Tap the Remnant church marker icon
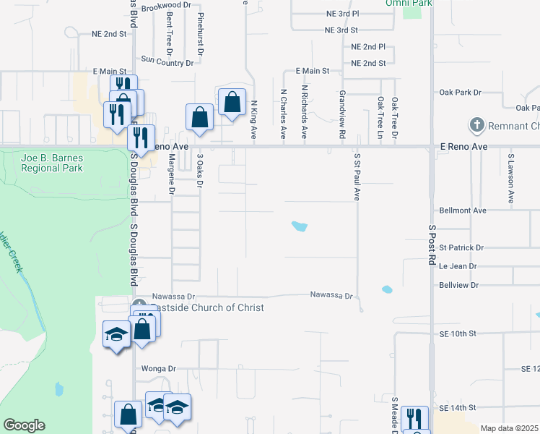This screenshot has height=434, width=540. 476,126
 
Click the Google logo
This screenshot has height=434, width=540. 24,425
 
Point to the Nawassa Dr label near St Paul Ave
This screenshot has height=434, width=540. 331,295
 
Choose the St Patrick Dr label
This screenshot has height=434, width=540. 461,247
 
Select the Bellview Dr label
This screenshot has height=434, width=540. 459,285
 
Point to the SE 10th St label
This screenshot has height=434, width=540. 458,333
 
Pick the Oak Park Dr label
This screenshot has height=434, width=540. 461,93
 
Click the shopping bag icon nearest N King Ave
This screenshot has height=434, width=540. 232,102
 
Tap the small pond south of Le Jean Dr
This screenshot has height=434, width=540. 387,290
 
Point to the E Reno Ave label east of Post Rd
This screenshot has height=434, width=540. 464,146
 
